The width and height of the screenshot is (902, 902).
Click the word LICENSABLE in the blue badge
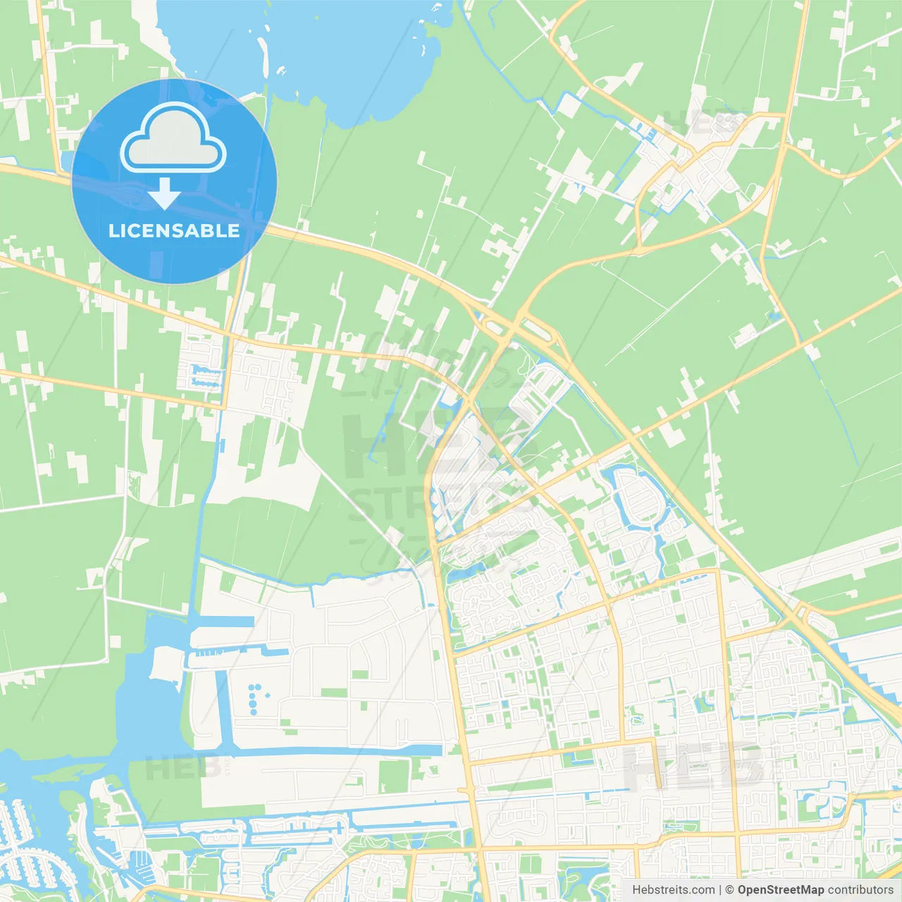coord(174,231)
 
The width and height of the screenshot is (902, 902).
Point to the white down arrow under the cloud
coord(165,194)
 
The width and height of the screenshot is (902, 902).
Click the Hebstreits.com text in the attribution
coord(673,890)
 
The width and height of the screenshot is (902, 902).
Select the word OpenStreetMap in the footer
coord(780,890)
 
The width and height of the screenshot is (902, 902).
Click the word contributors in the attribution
coord(860,890)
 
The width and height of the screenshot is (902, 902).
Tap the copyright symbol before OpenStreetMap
coord(729,890)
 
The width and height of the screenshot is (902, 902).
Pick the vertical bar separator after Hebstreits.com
coord(720,890)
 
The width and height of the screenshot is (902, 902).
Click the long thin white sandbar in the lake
coord(264,56)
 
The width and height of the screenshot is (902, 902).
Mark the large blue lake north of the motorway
coord(331,49)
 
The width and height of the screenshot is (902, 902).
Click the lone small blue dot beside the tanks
coord(268,695)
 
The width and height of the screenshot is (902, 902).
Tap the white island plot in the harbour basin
coord(166,663)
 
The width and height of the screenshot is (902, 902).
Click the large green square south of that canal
coord(394,775)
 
